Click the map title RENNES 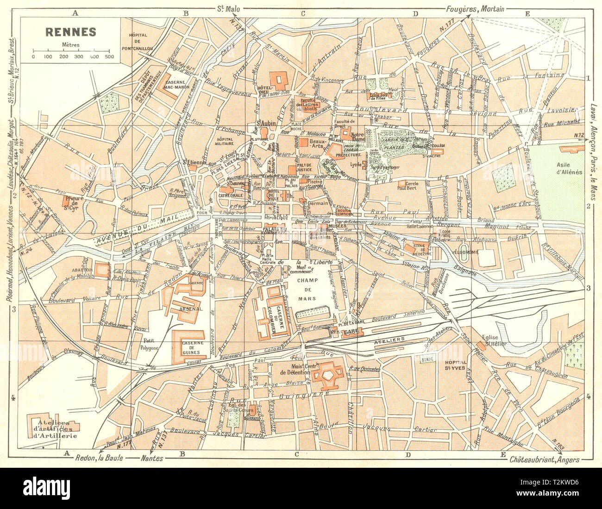pos(70,31)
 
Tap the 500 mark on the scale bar pos(109,57)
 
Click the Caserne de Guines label pos(188,346)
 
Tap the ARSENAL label pos(188,308)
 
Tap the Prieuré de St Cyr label pos(74,201)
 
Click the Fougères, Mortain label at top pos(475,8)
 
